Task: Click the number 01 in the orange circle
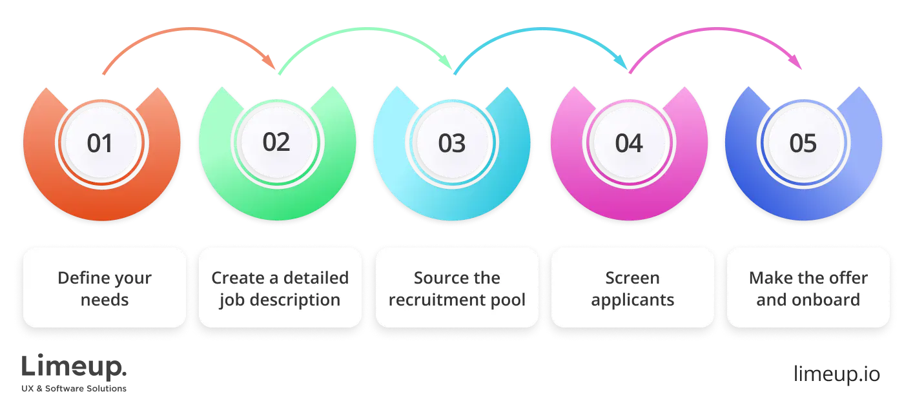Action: click(100, 143)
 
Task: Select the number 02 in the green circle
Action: click(276, 142)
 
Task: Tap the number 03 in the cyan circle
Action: click(452, 143)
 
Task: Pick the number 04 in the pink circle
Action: click(628, 143)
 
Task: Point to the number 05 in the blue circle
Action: click(803, 143)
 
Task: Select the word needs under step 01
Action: click(105, 300)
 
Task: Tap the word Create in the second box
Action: click(237, 278)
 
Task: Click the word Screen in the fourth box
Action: click(632, 278)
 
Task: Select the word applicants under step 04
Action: click(632, 300)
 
